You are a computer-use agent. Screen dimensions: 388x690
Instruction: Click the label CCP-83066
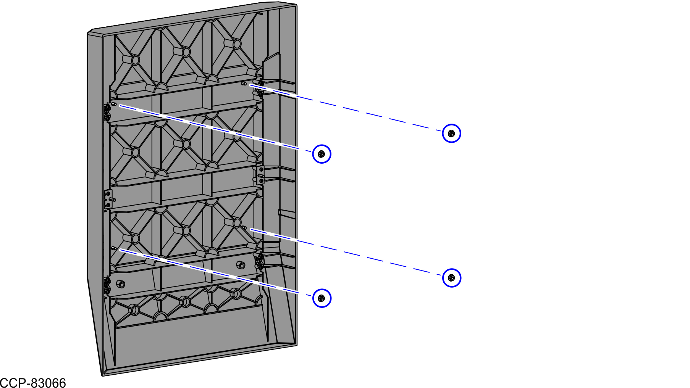click(33, 383)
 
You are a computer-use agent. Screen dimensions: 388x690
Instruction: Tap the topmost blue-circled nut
click(451, 134)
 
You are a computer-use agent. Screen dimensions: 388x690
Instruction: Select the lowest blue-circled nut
click(322, 298)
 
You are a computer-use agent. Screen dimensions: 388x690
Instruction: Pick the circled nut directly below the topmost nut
click(451, 278)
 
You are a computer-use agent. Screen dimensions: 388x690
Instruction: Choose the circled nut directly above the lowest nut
click(322, 154)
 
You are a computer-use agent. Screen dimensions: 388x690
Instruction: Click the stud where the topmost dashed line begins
click(244, 83)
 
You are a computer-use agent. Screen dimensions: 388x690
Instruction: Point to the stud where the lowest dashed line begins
click(114, 248)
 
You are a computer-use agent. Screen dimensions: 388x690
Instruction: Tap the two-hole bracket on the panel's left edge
click(108, 200)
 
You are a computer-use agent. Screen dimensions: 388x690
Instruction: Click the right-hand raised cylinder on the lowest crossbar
click(241, 265)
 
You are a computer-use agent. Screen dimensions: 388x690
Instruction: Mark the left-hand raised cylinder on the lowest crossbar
click(121, 284)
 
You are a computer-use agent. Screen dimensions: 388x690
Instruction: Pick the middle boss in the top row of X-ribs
click(186, 52)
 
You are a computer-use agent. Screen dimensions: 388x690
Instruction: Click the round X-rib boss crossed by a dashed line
click(237, 136)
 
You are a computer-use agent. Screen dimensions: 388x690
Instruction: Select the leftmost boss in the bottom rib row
click(135, 309)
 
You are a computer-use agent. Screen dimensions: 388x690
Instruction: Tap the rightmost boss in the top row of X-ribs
click(237, 44)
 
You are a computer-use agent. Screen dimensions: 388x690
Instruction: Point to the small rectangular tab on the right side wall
click(286, 214)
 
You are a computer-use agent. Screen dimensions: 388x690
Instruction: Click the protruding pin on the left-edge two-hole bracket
click(113, 200)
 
